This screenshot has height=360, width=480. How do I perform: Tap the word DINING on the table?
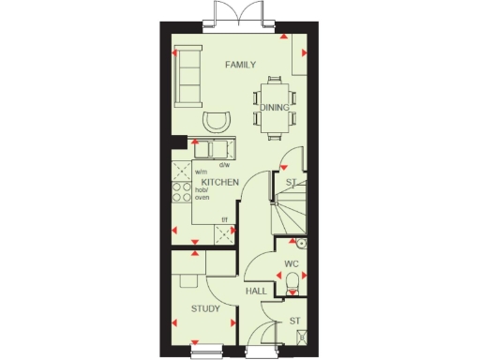(x=275, y=107)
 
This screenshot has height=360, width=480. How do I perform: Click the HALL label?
(x=255, y=292)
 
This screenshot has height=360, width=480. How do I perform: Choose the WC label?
(x=292, y=264)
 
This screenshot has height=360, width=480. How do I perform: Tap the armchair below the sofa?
(x=217, y=121)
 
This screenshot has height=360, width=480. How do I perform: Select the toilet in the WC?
(x=292, y=284)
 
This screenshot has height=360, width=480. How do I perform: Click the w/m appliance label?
(x=201, y=172)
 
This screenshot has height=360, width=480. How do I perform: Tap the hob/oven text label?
(x=202, y=192)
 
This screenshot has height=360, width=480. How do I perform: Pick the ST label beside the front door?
(x=294, y=322)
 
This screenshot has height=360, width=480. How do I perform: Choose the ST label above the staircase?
(x=292, y=182)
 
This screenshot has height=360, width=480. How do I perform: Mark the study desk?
(x=185, y=277)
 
